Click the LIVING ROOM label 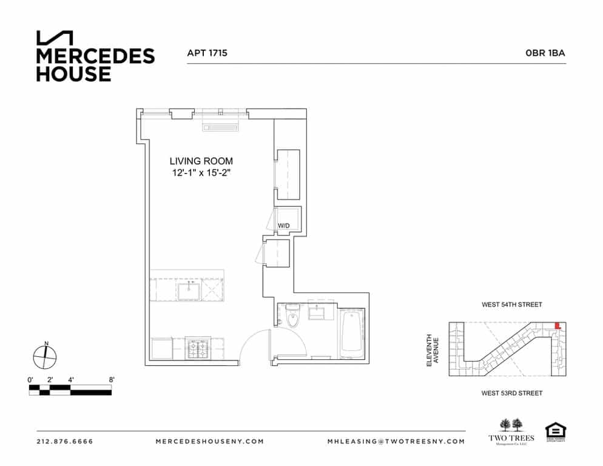[x=201, y=161]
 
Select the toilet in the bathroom [x=292, y=317]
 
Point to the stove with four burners [x=198, y=349]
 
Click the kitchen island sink [x=189, y=290]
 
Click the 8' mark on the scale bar [x=112, y=380]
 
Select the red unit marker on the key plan [x=558, y=326]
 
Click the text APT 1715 [x=207, y=53]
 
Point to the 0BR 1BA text [x=545, y=53]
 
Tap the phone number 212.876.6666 [x=65, y=442]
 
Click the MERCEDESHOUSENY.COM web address [x=210, y=442]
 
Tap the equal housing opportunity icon [x=554, y=431]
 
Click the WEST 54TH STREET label [x=511, y=305]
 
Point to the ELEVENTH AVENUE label [x=431, y=350]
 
